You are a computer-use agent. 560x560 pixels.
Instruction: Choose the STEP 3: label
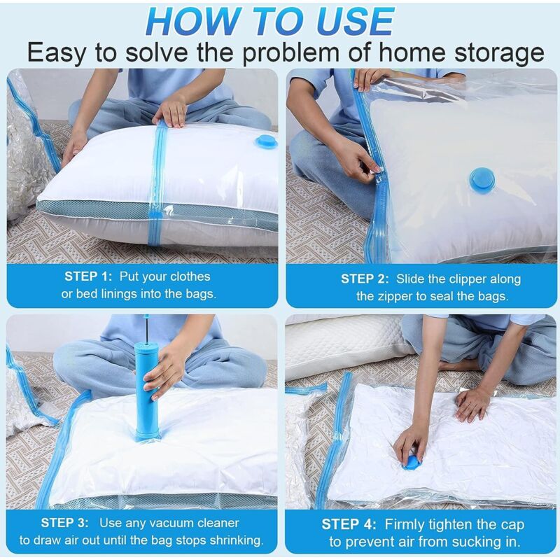(64, 522)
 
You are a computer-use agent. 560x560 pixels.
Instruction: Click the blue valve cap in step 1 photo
(266, 142)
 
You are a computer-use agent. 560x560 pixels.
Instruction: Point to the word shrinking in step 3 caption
(231, 540)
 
